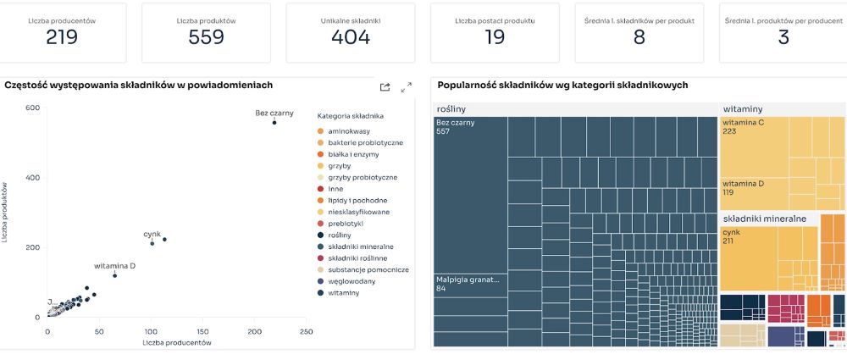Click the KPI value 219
coord(63,37)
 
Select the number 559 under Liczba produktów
coord(207,37)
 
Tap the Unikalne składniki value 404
coord(351,37)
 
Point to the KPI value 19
coord(495,37)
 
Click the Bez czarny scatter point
coord(274,123)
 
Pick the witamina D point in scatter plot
coord(114,275)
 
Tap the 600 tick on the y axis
coord(33,108)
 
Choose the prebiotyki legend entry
coord(345,224)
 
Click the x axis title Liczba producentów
coord(177,342)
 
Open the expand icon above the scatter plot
coord(406,86)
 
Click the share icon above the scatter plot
coord(385,86)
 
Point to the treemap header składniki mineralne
coord(763,219)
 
